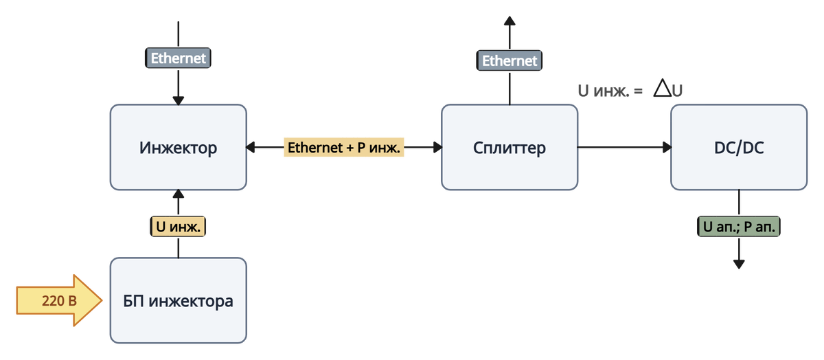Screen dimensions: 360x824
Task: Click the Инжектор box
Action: pyautogui.click(x=178, y=147)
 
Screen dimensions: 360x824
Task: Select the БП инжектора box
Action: pyautogui.click(x=178, y=300)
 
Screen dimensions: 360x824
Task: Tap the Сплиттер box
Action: pyautogui.click(x=509, y=147)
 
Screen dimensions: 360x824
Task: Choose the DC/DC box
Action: pyautogui.click(x=738, y=147)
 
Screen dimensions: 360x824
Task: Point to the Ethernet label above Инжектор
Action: pyautogui.click(x=178, y=58)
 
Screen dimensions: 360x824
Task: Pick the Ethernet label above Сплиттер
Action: pyautogui.click(x=509, y=60)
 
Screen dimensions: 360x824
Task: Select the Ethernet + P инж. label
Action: pyautogui.click(x=344, y=147)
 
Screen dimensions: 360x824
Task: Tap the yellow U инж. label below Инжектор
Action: pyautogui.click(x=178, y=226)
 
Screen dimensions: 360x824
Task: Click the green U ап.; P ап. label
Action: pyautogui.click(x=739, y=226)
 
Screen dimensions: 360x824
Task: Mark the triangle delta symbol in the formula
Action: pyautogui.click(x=662, y=89)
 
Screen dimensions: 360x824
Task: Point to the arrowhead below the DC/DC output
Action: pyautogui.click(x=739, y=265)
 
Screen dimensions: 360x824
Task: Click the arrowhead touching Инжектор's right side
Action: pyautogui.click(x=253, y=147)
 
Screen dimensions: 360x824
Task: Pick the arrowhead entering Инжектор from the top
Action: pyautogui.click(x=178, y=100)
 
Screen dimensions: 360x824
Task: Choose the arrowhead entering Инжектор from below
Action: pyautogui.click(x=178, y=195)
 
